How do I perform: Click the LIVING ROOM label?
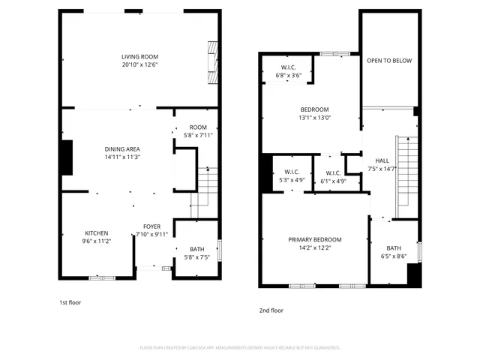[x=139, y=57]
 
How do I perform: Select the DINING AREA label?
[x=122, y=149]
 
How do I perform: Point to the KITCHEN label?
[x=96, y=232]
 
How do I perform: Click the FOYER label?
[x=151, y=226]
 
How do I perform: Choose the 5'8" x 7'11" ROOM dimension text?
[x=198, y=135]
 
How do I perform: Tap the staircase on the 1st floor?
[x=204, y=190]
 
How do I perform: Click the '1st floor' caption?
[x=70, y=302]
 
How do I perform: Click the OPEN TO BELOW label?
[x=388, y=61]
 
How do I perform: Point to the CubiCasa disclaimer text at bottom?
[x=240, y=348]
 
